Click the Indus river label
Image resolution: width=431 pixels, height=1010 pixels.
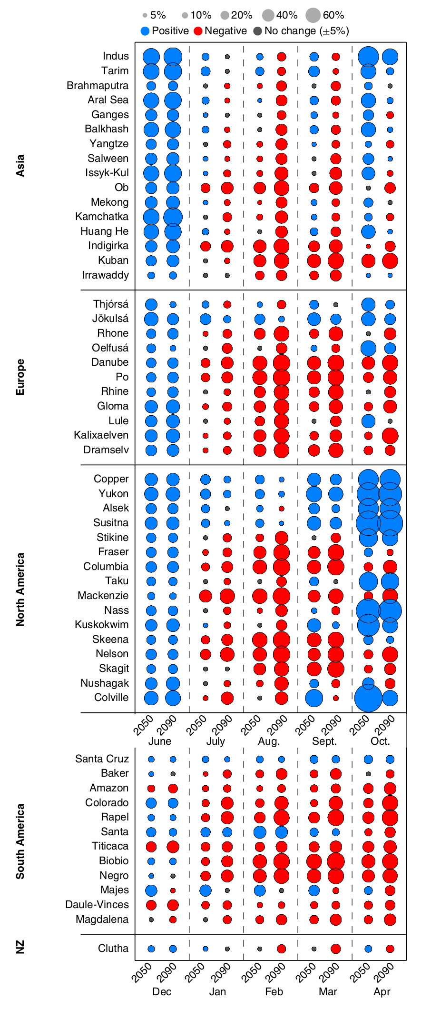(116, 56)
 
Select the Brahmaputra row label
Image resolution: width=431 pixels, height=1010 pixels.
(98, 86)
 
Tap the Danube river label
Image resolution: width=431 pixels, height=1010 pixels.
(110, 362)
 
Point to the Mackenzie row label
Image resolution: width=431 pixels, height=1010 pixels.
(103, 596)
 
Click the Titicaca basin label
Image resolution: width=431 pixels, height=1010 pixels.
(110, 846)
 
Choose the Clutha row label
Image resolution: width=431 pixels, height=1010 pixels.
(113, 949)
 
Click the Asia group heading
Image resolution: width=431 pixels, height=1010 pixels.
(20, 166)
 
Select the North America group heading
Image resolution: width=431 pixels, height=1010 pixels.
(20, 589)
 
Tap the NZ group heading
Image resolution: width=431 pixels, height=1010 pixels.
(20, 948)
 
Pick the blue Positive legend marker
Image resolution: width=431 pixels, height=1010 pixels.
(146, 31)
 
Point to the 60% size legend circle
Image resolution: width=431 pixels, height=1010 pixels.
(313, 15)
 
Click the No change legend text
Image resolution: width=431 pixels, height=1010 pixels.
(307, 31)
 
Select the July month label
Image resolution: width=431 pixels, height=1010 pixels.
(215, 741)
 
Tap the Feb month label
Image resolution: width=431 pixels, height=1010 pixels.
(274, 991)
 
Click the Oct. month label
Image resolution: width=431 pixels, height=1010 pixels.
(380, 741)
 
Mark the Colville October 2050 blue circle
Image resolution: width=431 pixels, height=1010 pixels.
(368, 698)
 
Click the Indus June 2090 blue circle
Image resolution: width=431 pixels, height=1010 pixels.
(173, 57)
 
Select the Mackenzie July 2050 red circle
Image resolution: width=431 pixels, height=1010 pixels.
(206, 596)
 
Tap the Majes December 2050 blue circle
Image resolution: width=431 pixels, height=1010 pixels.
(151, 890)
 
